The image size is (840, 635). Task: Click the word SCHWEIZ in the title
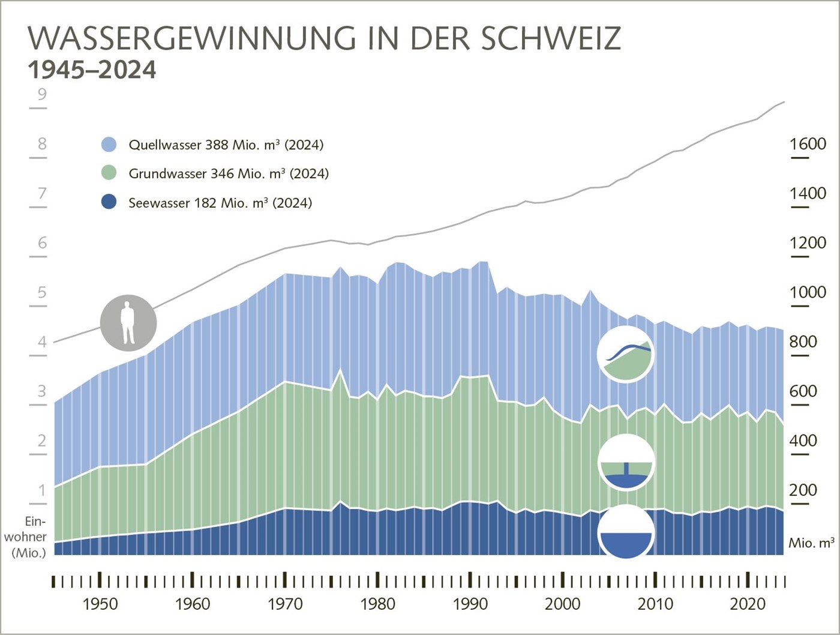point(551,38)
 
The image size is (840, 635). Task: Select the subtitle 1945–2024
point(92,70)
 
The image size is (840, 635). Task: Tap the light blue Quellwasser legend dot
point(109,145)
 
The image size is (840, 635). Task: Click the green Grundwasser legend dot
point(109,173)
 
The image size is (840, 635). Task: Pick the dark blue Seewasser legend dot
point(109,202)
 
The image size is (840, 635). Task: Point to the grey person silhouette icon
point(128,323)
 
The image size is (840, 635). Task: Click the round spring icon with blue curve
point(626,355)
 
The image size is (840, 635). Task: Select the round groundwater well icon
point(626,462)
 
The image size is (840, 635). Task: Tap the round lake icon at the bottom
point(626,533)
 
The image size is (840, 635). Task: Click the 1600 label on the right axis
point(808,144)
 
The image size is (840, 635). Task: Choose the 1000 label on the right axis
point(808,292)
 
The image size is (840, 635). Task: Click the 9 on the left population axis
point(42,94)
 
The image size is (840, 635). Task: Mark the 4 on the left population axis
point(42,342)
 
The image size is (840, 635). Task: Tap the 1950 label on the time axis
point(100,604)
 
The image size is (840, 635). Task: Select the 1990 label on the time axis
point(470,604)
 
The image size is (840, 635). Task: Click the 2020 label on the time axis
point(748,604)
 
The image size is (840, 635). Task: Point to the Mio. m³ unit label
point(811,543)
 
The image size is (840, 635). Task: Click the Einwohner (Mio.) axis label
point(26,537)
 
